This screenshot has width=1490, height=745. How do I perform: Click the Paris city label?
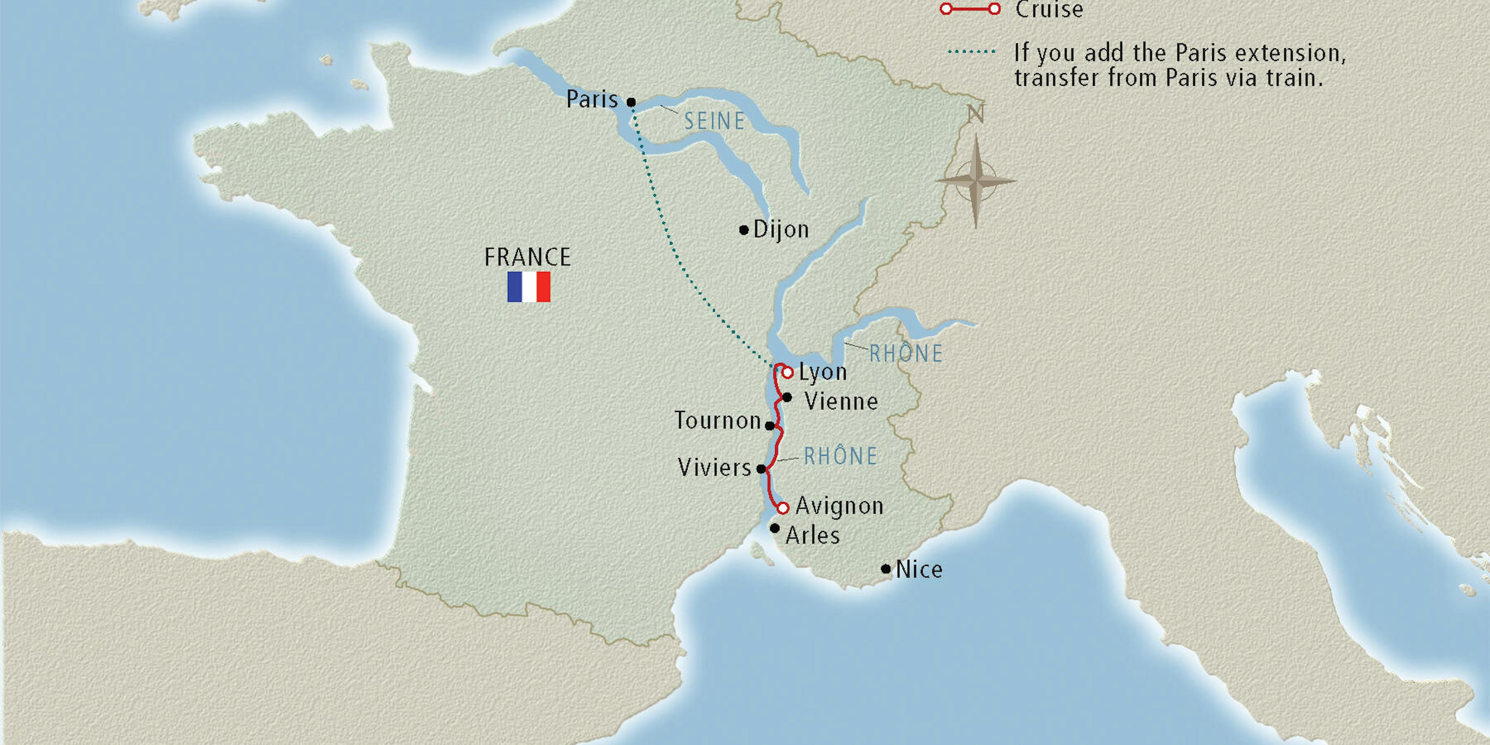tap(592, 99)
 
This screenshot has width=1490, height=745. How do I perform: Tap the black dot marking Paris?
tap(631, 102)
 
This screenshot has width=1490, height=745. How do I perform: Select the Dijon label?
tap(781, 230)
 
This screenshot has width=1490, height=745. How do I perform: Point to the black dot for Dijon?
tap(744, 230)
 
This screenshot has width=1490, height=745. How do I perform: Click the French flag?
tap(529, 287)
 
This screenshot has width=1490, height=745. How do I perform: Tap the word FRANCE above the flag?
tap(527, 257)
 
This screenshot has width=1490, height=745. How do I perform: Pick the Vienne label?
tap(841, 401)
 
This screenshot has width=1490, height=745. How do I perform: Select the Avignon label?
tap(839, 507)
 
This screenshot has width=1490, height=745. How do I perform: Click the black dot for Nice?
tap(885, 569)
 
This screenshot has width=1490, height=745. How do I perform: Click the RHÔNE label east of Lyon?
tap(906, 353)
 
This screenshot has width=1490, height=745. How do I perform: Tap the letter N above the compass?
tap(976, 114)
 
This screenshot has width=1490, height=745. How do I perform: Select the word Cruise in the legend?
tap(1049, 10)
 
